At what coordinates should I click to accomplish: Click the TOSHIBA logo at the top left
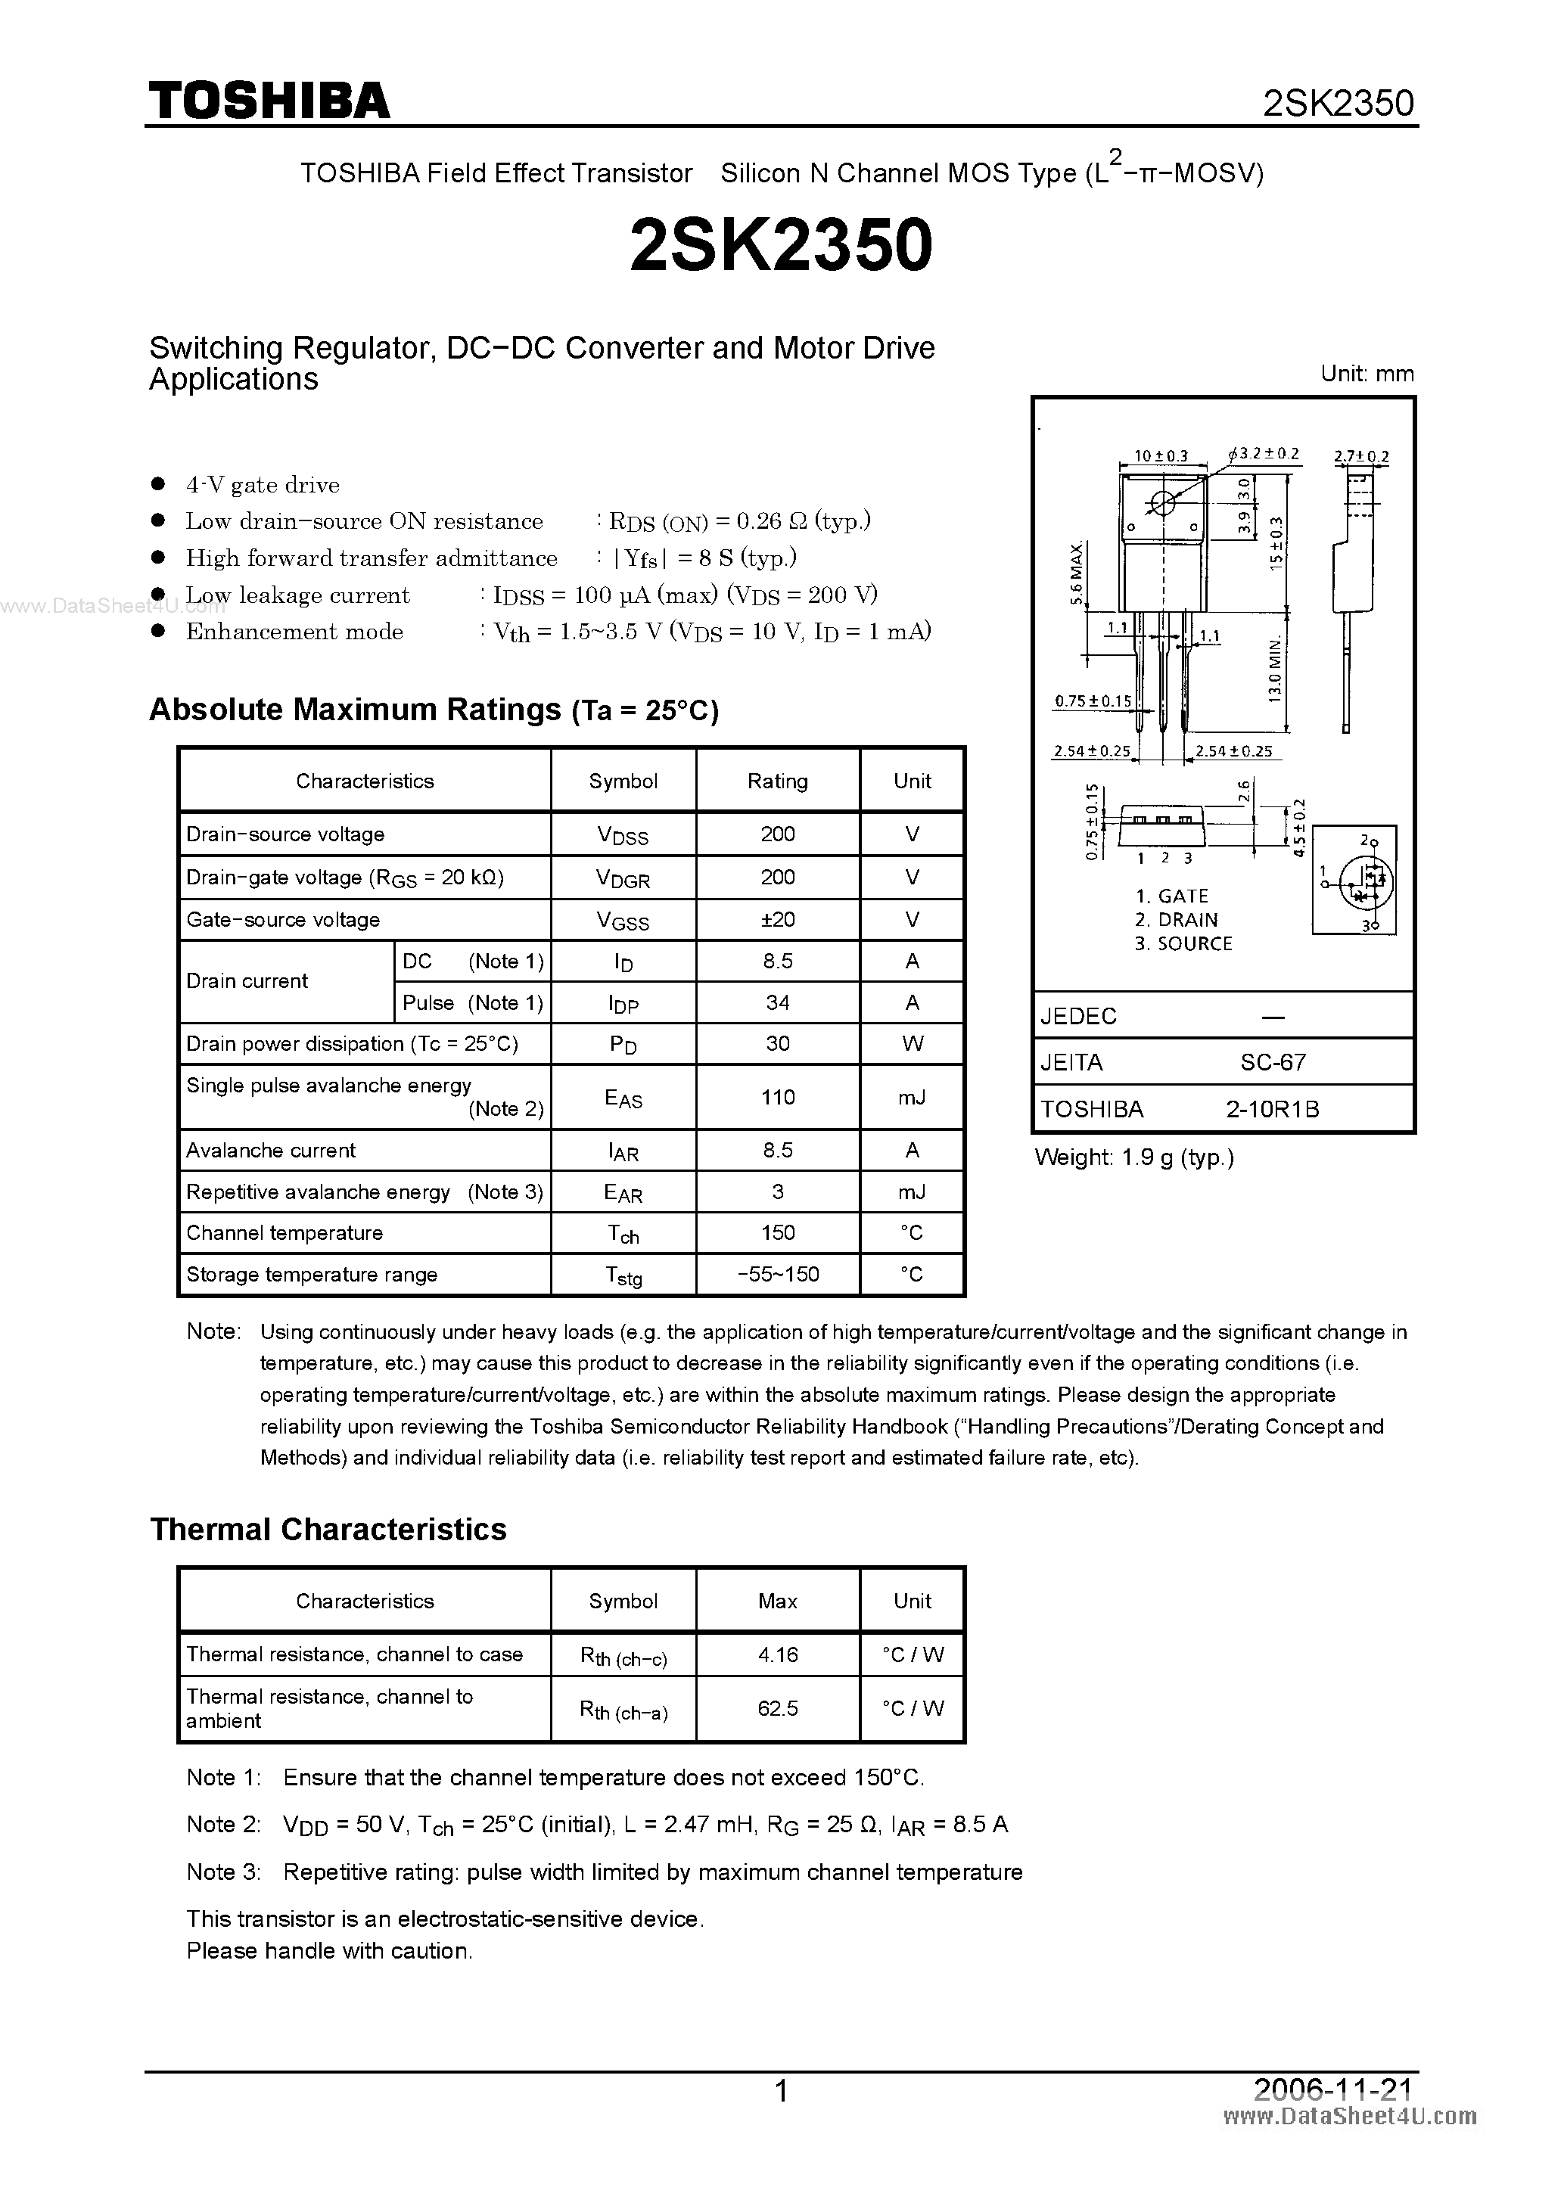(269, 100)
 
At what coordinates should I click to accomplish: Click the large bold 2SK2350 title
(781, 244)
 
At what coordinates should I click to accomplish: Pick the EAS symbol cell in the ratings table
(623, 1098)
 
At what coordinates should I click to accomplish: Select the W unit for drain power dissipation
(912, 1044)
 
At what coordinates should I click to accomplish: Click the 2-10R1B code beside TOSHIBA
(1272, 1109)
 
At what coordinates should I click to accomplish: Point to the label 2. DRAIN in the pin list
(1176, 920)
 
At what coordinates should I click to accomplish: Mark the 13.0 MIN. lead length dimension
(1275, 669)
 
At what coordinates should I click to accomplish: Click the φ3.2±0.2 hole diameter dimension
(1264, 454)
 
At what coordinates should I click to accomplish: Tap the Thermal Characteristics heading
(328, 1530)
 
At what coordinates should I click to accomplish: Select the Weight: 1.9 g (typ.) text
(1134, 1157)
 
